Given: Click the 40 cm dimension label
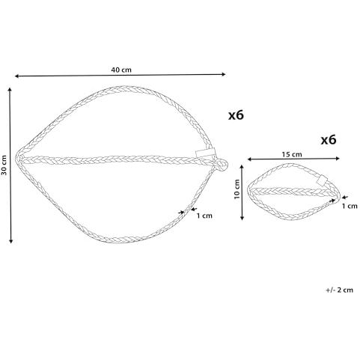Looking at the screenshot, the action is click(121, 70).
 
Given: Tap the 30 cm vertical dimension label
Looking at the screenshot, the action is click(4, 165).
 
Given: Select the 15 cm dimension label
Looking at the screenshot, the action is click(292, 155).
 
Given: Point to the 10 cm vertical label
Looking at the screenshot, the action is click(237, 189).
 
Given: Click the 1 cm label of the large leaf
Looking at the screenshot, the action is click(204, 216).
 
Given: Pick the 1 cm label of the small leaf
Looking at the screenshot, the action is click(350, 206).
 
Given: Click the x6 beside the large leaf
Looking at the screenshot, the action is click(236, 115).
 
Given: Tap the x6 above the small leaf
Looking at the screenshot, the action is click(329, 140).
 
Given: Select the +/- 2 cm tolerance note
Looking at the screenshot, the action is click(340, 290).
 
